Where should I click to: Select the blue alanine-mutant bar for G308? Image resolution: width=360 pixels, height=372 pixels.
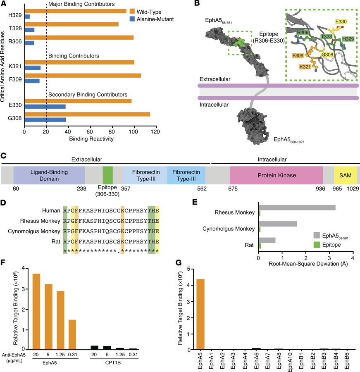click(x=45, y=120)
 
